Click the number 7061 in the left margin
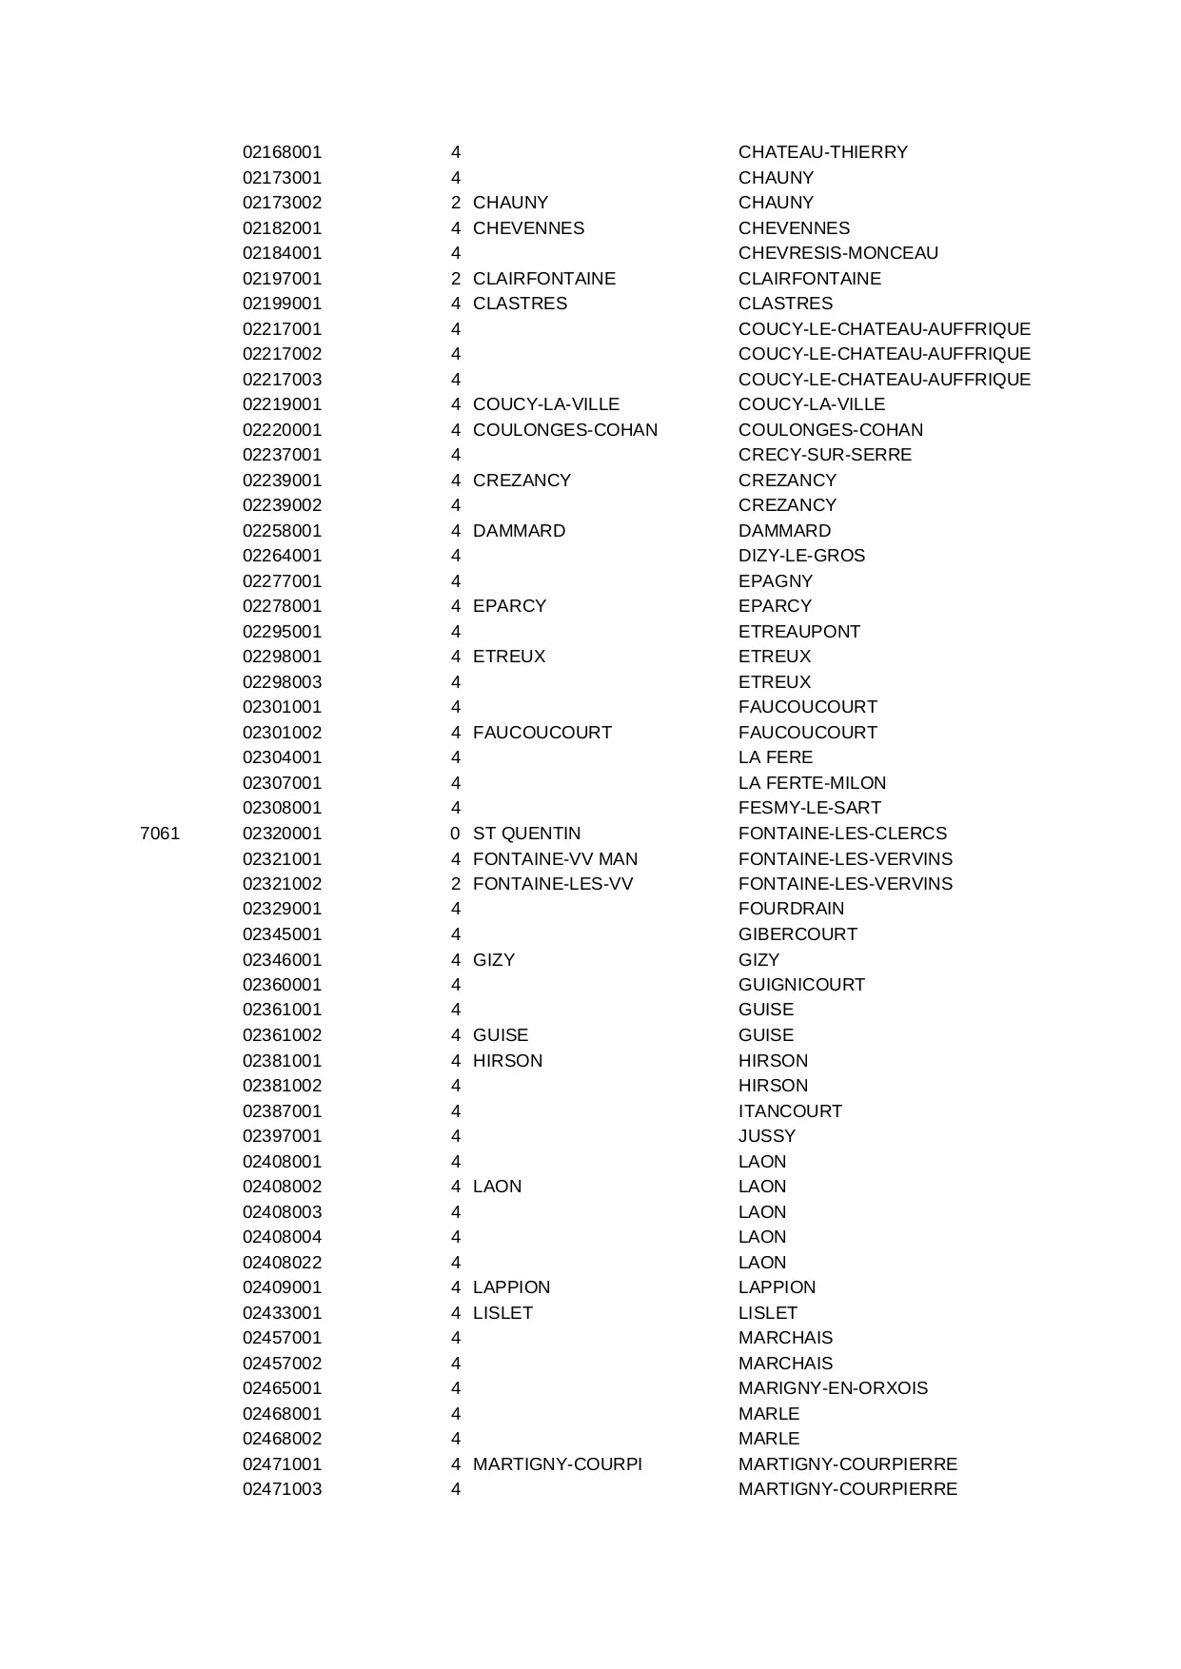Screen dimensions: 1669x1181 160,834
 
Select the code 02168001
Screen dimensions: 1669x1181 282,152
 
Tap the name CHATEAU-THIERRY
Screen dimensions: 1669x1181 822,152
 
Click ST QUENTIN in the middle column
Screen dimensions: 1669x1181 526,834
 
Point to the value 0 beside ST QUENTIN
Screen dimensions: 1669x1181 455,834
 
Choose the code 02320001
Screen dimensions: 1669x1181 282,834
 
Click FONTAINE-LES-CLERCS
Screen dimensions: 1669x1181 842,834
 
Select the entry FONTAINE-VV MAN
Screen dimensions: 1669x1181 555,859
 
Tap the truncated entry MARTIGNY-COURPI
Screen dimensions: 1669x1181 557,1464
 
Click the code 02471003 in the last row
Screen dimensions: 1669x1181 282,1489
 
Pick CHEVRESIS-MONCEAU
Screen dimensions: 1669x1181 837,253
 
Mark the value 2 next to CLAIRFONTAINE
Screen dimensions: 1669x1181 455,279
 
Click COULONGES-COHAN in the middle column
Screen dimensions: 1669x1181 564,430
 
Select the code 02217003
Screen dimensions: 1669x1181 282,380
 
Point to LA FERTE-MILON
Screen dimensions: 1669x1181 812,783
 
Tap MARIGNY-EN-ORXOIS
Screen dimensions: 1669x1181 833,1388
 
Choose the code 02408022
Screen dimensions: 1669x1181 282,1263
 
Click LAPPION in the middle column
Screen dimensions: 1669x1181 511,1287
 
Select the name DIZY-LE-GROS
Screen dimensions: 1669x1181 801,556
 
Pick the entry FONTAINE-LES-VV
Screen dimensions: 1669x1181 552,884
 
